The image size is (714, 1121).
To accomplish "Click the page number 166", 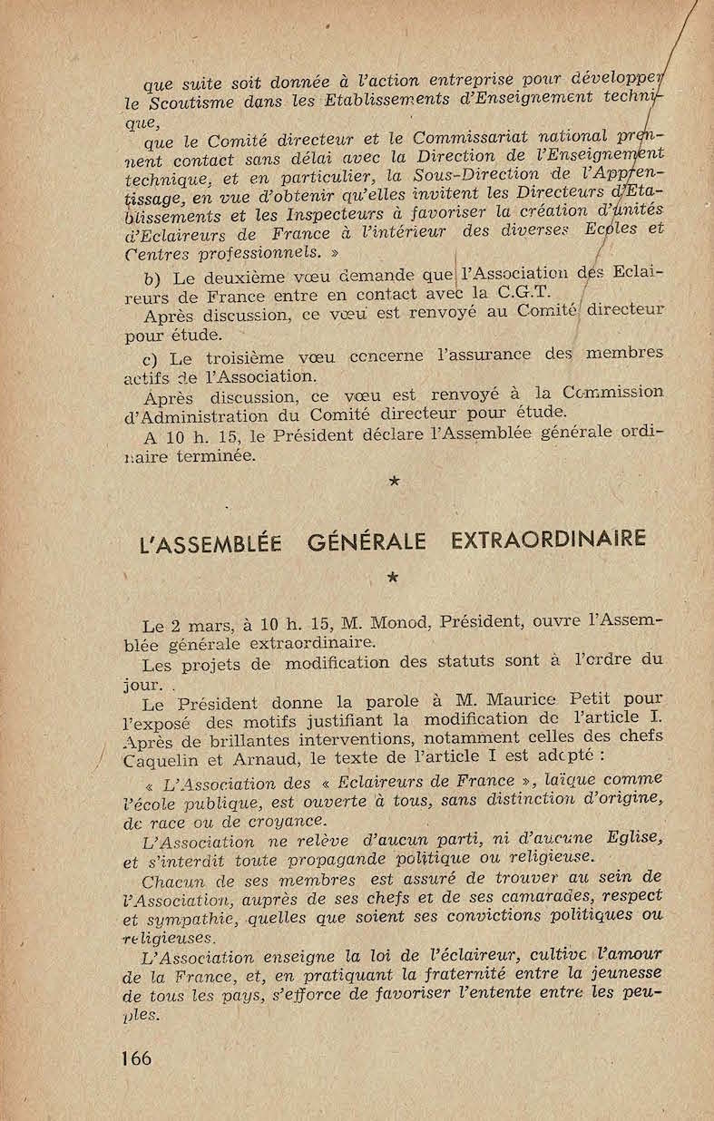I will (135, 1057).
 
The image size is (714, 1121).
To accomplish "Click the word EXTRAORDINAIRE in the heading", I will (548, 540).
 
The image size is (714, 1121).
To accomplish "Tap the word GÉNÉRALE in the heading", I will (367, 541).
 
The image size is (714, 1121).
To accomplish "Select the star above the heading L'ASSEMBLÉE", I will (394, 482).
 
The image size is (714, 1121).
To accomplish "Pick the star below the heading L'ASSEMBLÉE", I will (392, 576).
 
